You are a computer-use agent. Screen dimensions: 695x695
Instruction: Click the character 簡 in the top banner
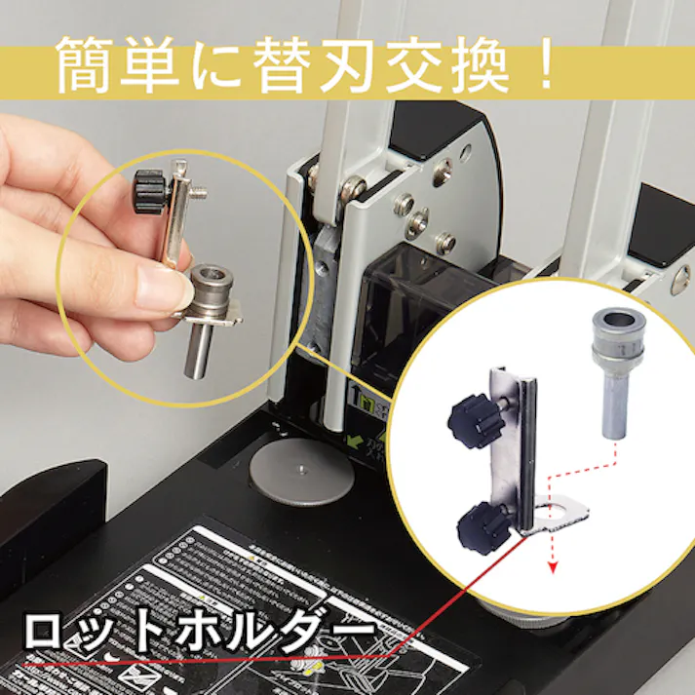pos(87,64)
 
